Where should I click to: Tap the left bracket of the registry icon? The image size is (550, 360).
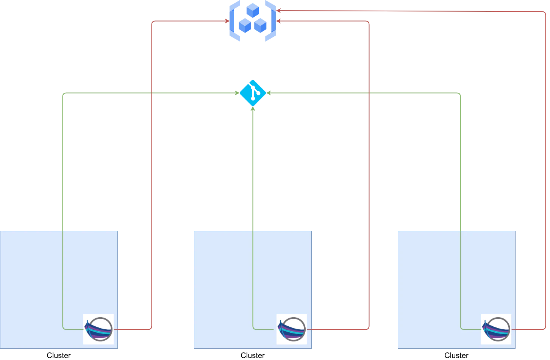pos(233,21)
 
